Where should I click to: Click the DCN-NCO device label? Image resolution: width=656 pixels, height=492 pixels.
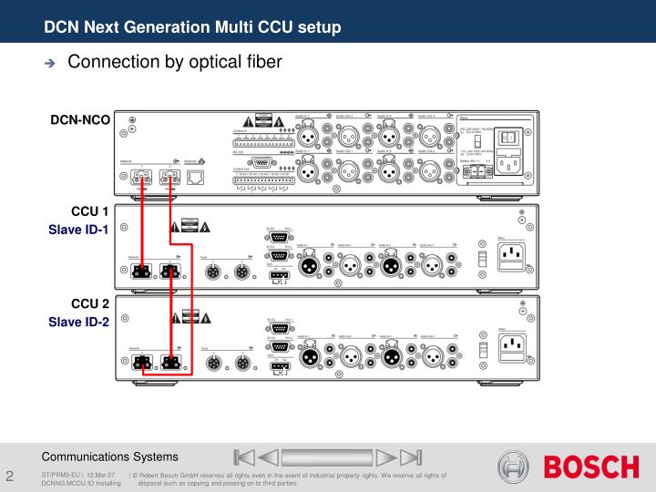[x=80, y=120]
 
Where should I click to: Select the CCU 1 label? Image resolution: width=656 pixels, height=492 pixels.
[x=90, y=212]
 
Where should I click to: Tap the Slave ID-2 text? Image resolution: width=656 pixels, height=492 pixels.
[x=79, y=322]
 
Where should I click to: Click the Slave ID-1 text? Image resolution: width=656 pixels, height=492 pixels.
[x=79, y=230]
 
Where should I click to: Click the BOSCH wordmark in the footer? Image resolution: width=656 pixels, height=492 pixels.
[x=591, y=468]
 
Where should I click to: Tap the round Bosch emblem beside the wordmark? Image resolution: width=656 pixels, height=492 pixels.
[x=513, y=467]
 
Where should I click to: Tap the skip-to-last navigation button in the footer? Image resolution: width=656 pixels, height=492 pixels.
[x=412, y=456]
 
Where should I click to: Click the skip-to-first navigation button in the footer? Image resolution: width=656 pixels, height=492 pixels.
[x=241, y=456]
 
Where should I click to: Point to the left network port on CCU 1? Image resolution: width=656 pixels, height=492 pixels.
[x=140, y=271]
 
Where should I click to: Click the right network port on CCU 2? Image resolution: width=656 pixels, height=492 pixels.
[x=169, y=362]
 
